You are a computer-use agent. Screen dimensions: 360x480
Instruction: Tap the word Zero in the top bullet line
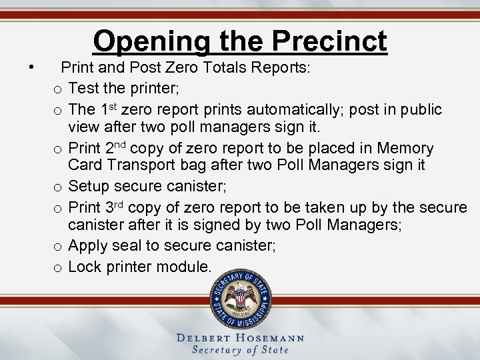click(x=185, y=67)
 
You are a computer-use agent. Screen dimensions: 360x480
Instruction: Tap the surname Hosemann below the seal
click(x=267, y=338)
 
